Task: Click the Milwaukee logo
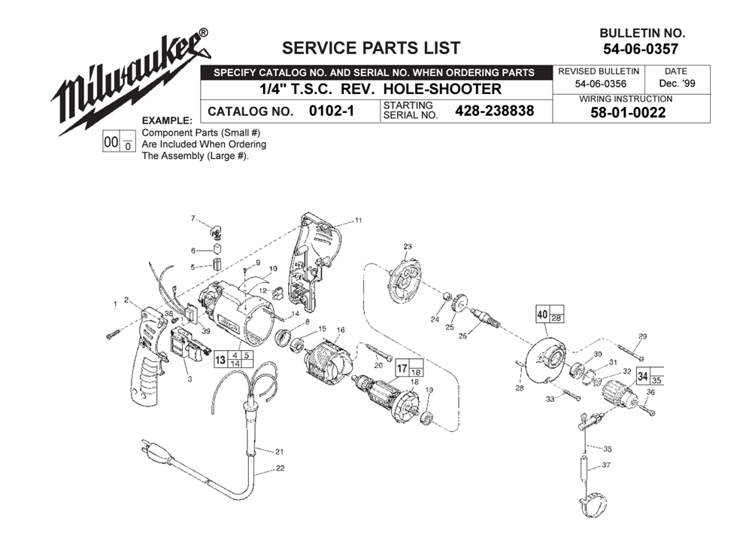pos(130,81)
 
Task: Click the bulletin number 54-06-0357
pos(641,49)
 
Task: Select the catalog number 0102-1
pos(332,111)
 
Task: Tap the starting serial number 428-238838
pos(495,111)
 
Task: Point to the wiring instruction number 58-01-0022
pos(628,113)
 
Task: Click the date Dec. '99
pos(678,83)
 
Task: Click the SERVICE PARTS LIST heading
pos(371,48)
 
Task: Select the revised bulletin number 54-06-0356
pos(600,84)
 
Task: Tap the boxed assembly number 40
pos(542,315)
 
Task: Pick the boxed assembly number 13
pos(220,360)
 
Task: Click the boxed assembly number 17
pos(402,369)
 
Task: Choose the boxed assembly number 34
pos(643,376)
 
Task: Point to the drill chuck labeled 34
pos(619,396)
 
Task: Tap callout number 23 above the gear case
pos(407,247)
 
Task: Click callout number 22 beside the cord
pos(280,468)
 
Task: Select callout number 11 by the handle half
pos(358,221)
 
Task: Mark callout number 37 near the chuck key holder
pos(606,465)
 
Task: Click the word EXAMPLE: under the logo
pos(167,120)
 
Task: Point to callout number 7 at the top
pos(193,218)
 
